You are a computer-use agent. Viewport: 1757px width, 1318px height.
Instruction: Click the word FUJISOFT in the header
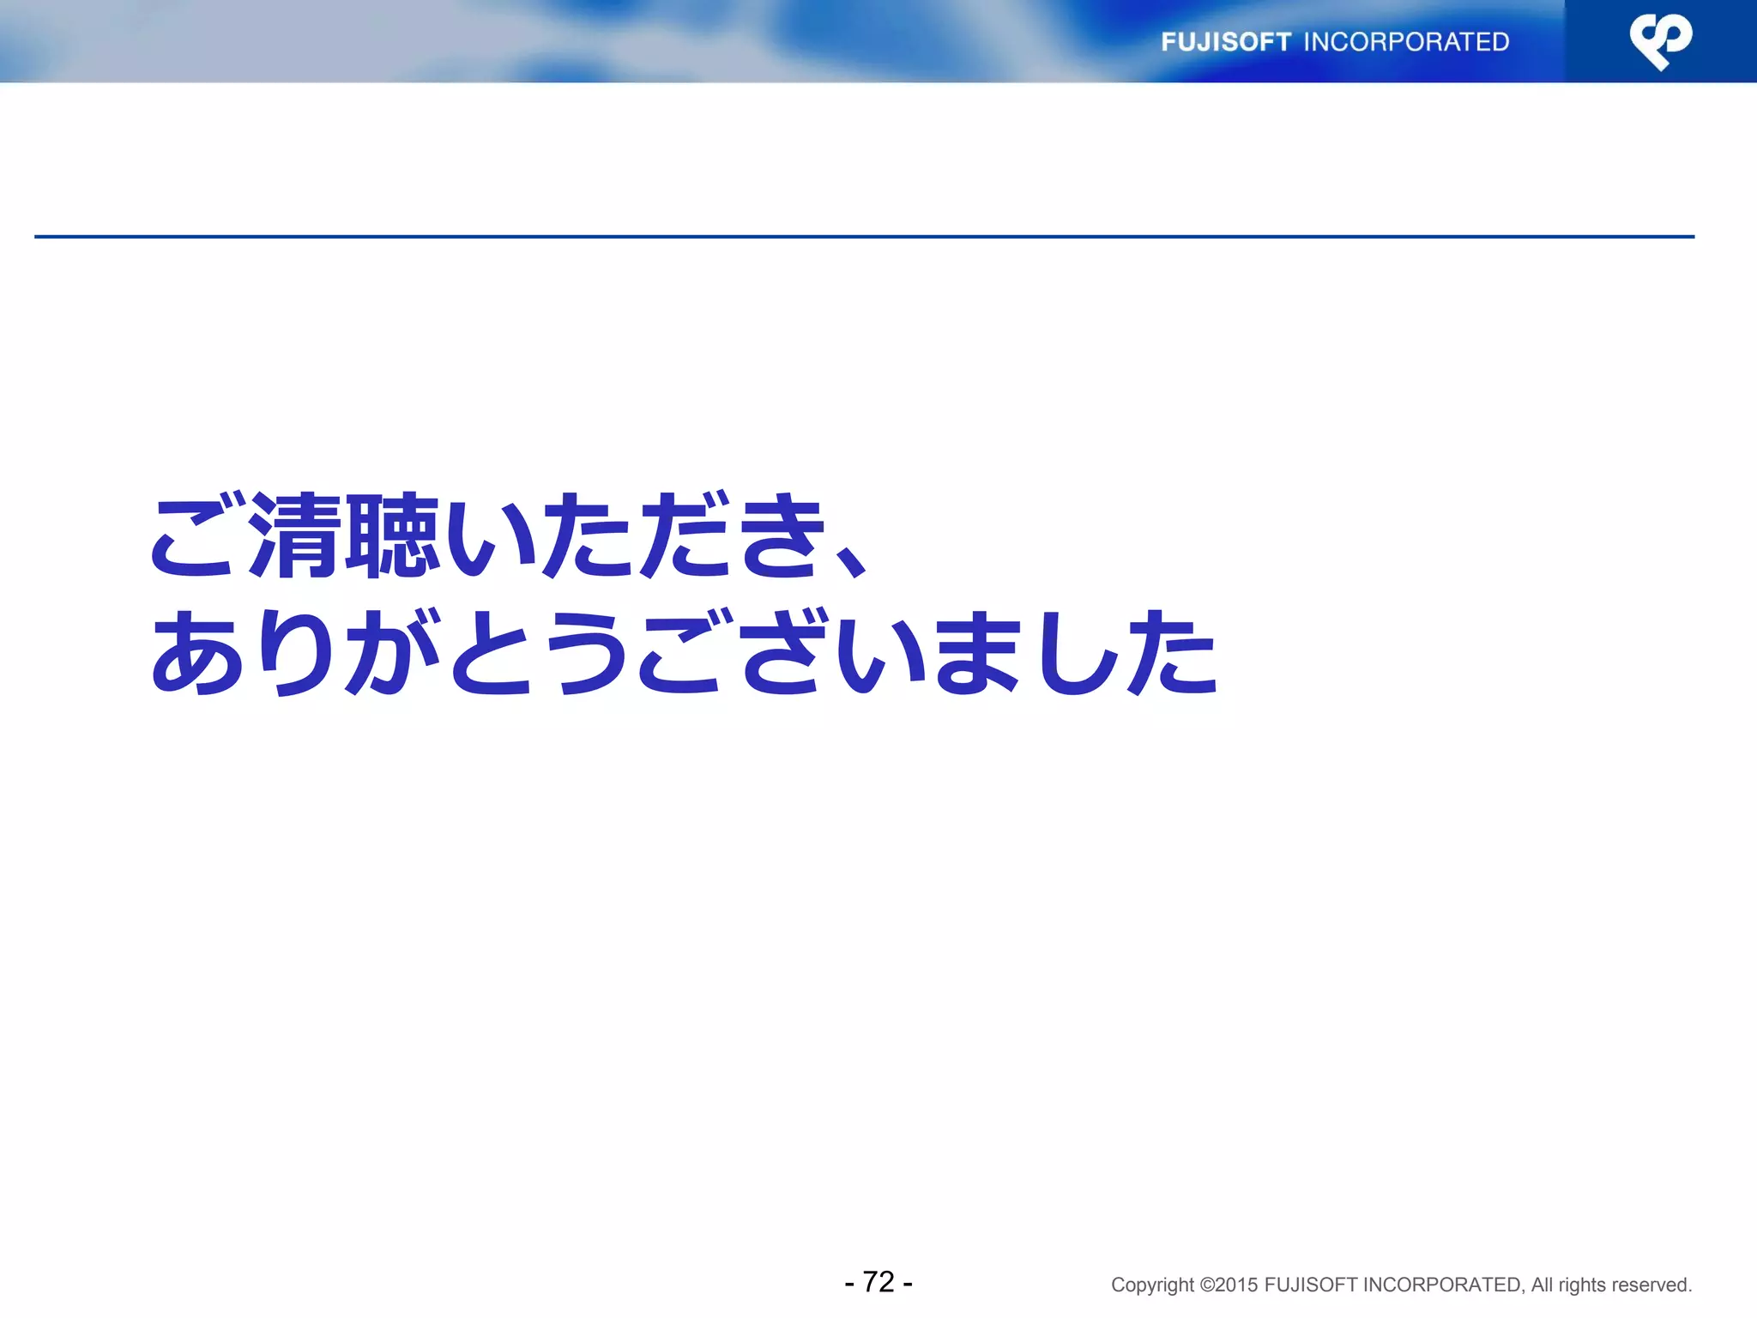(1225, 42)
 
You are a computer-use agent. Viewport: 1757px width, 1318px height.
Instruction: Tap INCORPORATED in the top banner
(1406, 42)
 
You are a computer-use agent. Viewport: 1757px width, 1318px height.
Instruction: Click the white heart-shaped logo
(1661, 41)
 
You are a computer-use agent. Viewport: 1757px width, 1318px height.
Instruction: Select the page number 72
(878, 1282)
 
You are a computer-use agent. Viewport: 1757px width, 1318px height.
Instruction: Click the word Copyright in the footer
(1152, 1285)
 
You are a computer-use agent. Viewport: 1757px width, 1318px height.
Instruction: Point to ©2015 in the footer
(1229, 1285)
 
